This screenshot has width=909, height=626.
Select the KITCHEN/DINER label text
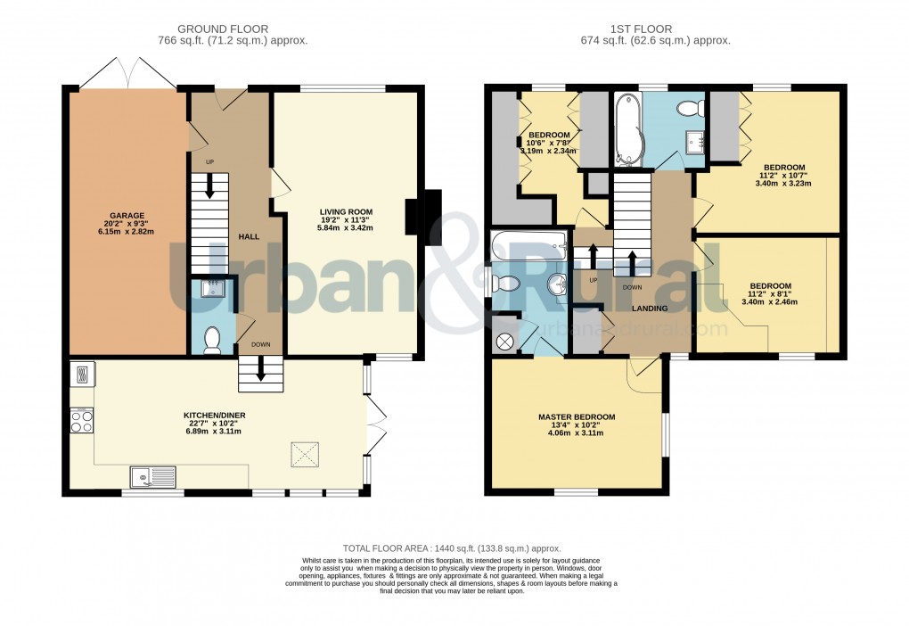tap(212, 416)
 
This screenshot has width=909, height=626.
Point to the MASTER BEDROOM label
tap(576, 417)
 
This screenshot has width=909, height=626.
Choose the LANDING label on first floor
tap(650, 309)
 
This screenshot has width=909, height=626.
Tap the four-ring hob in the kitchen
tap(81, 419)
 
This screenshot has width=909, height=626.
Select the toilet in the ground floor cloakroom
tap(212, 341)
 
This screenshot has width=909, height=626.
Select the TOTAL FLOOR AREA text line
tap(453, 548)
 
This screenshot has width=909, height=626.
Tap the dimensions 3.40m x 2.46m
tap(769, 301)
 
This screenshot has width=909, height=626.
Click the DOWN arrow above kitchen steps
tap(260, 367)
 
